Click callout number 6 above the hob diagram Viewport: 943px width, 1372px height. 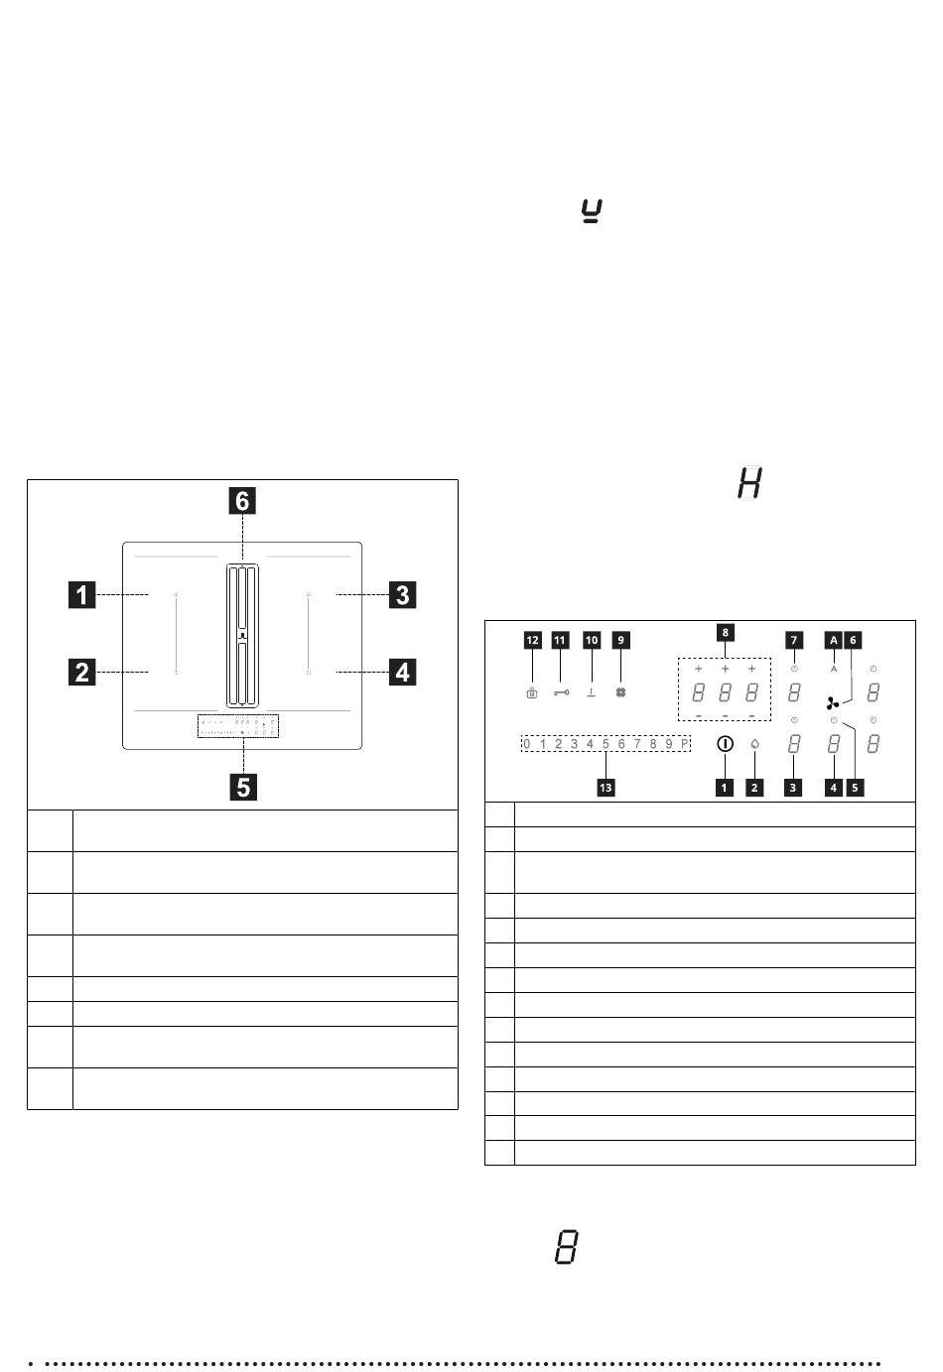pyautogui.click(x=241, y=502)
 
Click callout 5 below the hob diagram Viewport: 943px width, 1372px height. pyautogui.click(x=241, y=787)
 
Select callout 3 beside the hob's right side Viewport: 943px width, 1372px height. pyautogui.click(x=402, y=595)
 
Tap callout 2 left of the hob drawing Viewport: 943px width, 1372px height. pyautogui.click(x=82, y=673)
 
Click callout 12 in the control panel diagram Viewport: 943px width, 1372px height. pyautogui.click(x=532, y=640)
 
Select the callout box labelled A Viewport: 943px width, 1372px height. pyautogui.click(x=834, y=640)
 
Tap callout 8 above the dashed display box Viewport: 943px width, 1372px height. pyautogui.click(x=725, y=631)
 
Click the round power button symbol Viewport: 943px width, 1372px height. pyautogui.click(x=724, y=743)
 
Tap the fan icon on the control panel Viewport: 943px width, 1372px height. pyautogui.click(x=833, y=702)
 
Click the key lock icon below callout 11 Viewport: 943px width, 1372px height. pyautogui.click(x=561, y=693)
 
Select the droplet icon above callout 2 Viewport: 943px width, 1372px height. pyautogui.click(x=754, y=743)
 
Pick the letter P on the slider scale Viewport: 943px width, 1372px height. pyautogui.click(x=685, y=743)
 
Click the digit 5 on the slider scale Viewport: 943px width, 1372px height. pyautogui.click(x=606, y=743)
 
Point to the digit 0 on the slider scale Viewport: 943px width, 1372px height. pyautogui.click(x=527, y=743)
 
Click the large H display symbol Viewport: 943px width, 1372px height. pyautogui.click(x=750, y=485)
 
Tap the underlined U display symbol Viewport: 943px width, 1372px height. pyautogui.click(x=593, y=210)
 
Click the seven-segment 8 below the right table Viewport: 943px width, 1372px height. pyautogui.click(x=565, y=1247)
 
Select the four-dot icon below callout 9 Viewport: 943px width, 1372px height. pyautogui.click(x=620, y=693)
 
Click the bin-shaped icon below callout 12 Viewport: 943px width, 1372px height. pyautogui.click(x=532, y=693)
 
